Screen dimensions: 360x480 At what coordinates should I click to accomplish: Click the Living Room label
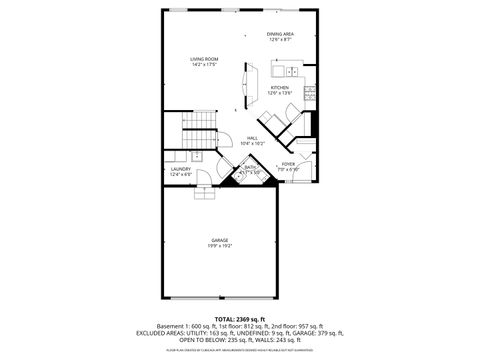[x=204, y=59]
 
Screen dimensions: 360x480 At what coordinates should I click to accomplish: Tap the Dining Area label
[x=280, y=35]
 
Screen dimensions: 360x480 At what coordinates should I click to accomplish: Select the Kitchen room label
[x=279, y=87]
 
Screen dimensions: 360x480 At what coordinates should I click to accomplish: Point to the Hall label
[x=251, y=139]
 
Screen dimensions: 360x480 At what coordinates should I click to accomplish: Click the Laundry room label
[x=180, y=169]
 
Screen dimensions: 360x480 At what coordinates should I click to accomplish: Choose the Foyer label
[x=288, y=163]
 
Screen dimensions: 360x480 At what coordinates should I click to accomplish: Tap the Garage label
[x=219, y=239]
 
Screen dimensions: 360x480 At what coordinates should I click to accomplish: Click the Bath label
[x=250, y=167]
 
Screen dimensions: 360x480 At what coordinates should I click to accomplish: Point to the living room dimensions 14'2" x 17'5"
[x=204, y=65]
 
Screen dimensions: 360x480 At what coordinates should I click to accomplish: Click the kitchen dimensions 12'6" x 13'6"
[x=279, y=93]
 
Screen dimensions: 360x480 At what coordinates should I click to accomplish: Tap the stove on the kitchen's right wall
[x=312, y=95]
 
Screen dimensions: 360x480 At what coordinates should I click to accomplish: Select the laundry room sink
[x=197, y=157]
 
